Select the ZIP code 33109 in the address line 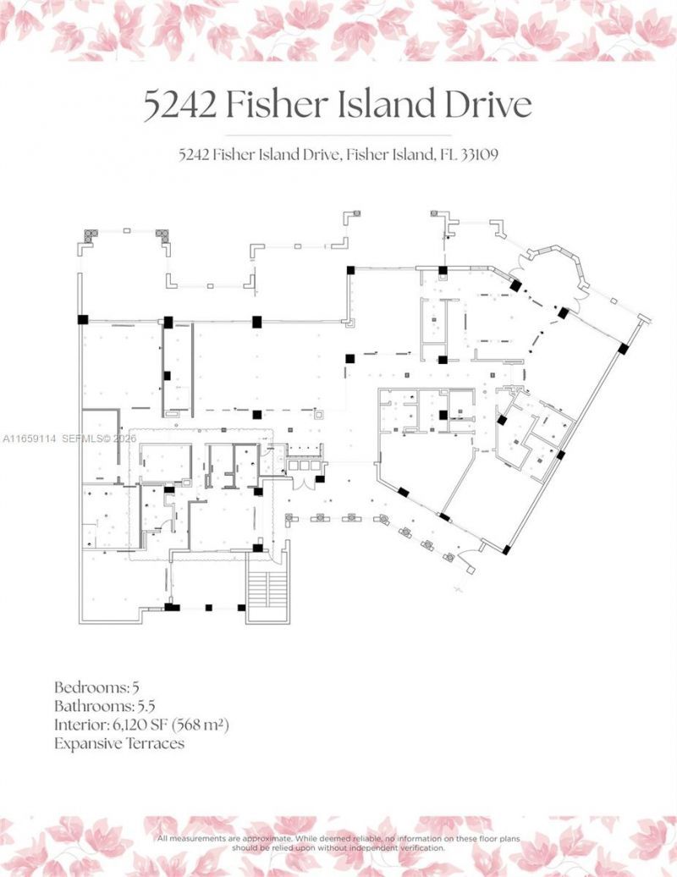480,155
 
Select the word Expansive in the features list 89,744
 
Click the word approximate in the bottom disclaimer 273,838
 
